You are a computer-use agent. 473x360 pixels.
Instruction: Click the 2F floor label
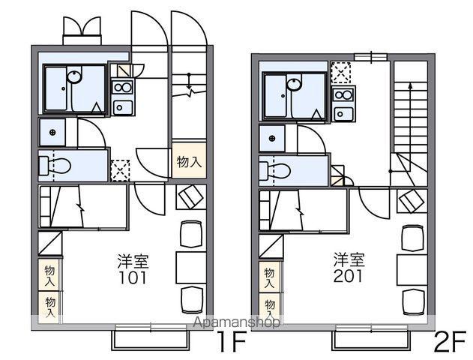(450, 341)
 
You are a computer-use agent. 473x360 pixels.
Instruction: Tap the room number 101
(133, 277)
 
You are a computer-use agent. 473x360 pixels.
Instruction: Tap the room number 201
(348, 275)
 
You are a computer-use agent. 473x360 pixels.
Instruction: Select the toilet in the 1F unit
(55, 165)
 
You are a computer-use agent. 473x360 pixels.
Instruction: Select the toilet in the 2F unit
(275, 171)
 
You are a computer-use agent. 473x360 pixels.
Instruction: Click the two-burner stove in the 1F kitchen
(122, 88)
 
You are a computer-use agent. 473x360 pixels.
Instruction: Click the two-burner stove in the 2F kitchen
(343, 95)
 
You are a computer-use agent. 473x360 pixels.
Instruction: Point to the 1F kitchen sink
(122, 107)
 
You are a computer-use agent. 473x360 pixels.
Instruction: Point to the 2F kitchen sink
(343, 114)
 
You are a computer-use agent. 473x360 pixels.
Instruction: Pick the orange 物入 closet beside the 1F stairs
(189, 161)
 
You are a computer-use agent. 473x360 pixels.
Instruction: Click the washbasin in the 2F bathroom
(295, 83)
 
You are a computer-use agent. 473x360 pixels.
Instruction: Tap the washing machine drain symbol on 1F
(52, 132)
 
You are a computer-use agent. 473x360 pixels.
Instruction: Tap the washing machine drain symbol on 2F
(272, 138)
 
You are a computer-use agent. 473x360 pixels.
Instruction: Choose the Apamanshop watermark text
(237, 322)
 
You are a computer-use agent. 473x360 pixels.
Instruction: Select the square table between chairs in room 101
(191, 268)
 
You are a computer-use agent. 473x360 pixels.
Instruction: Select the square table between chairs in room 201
(412, 270)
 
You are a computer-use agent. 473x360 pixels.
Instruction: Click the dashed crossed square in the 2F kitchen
(341, 73)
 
